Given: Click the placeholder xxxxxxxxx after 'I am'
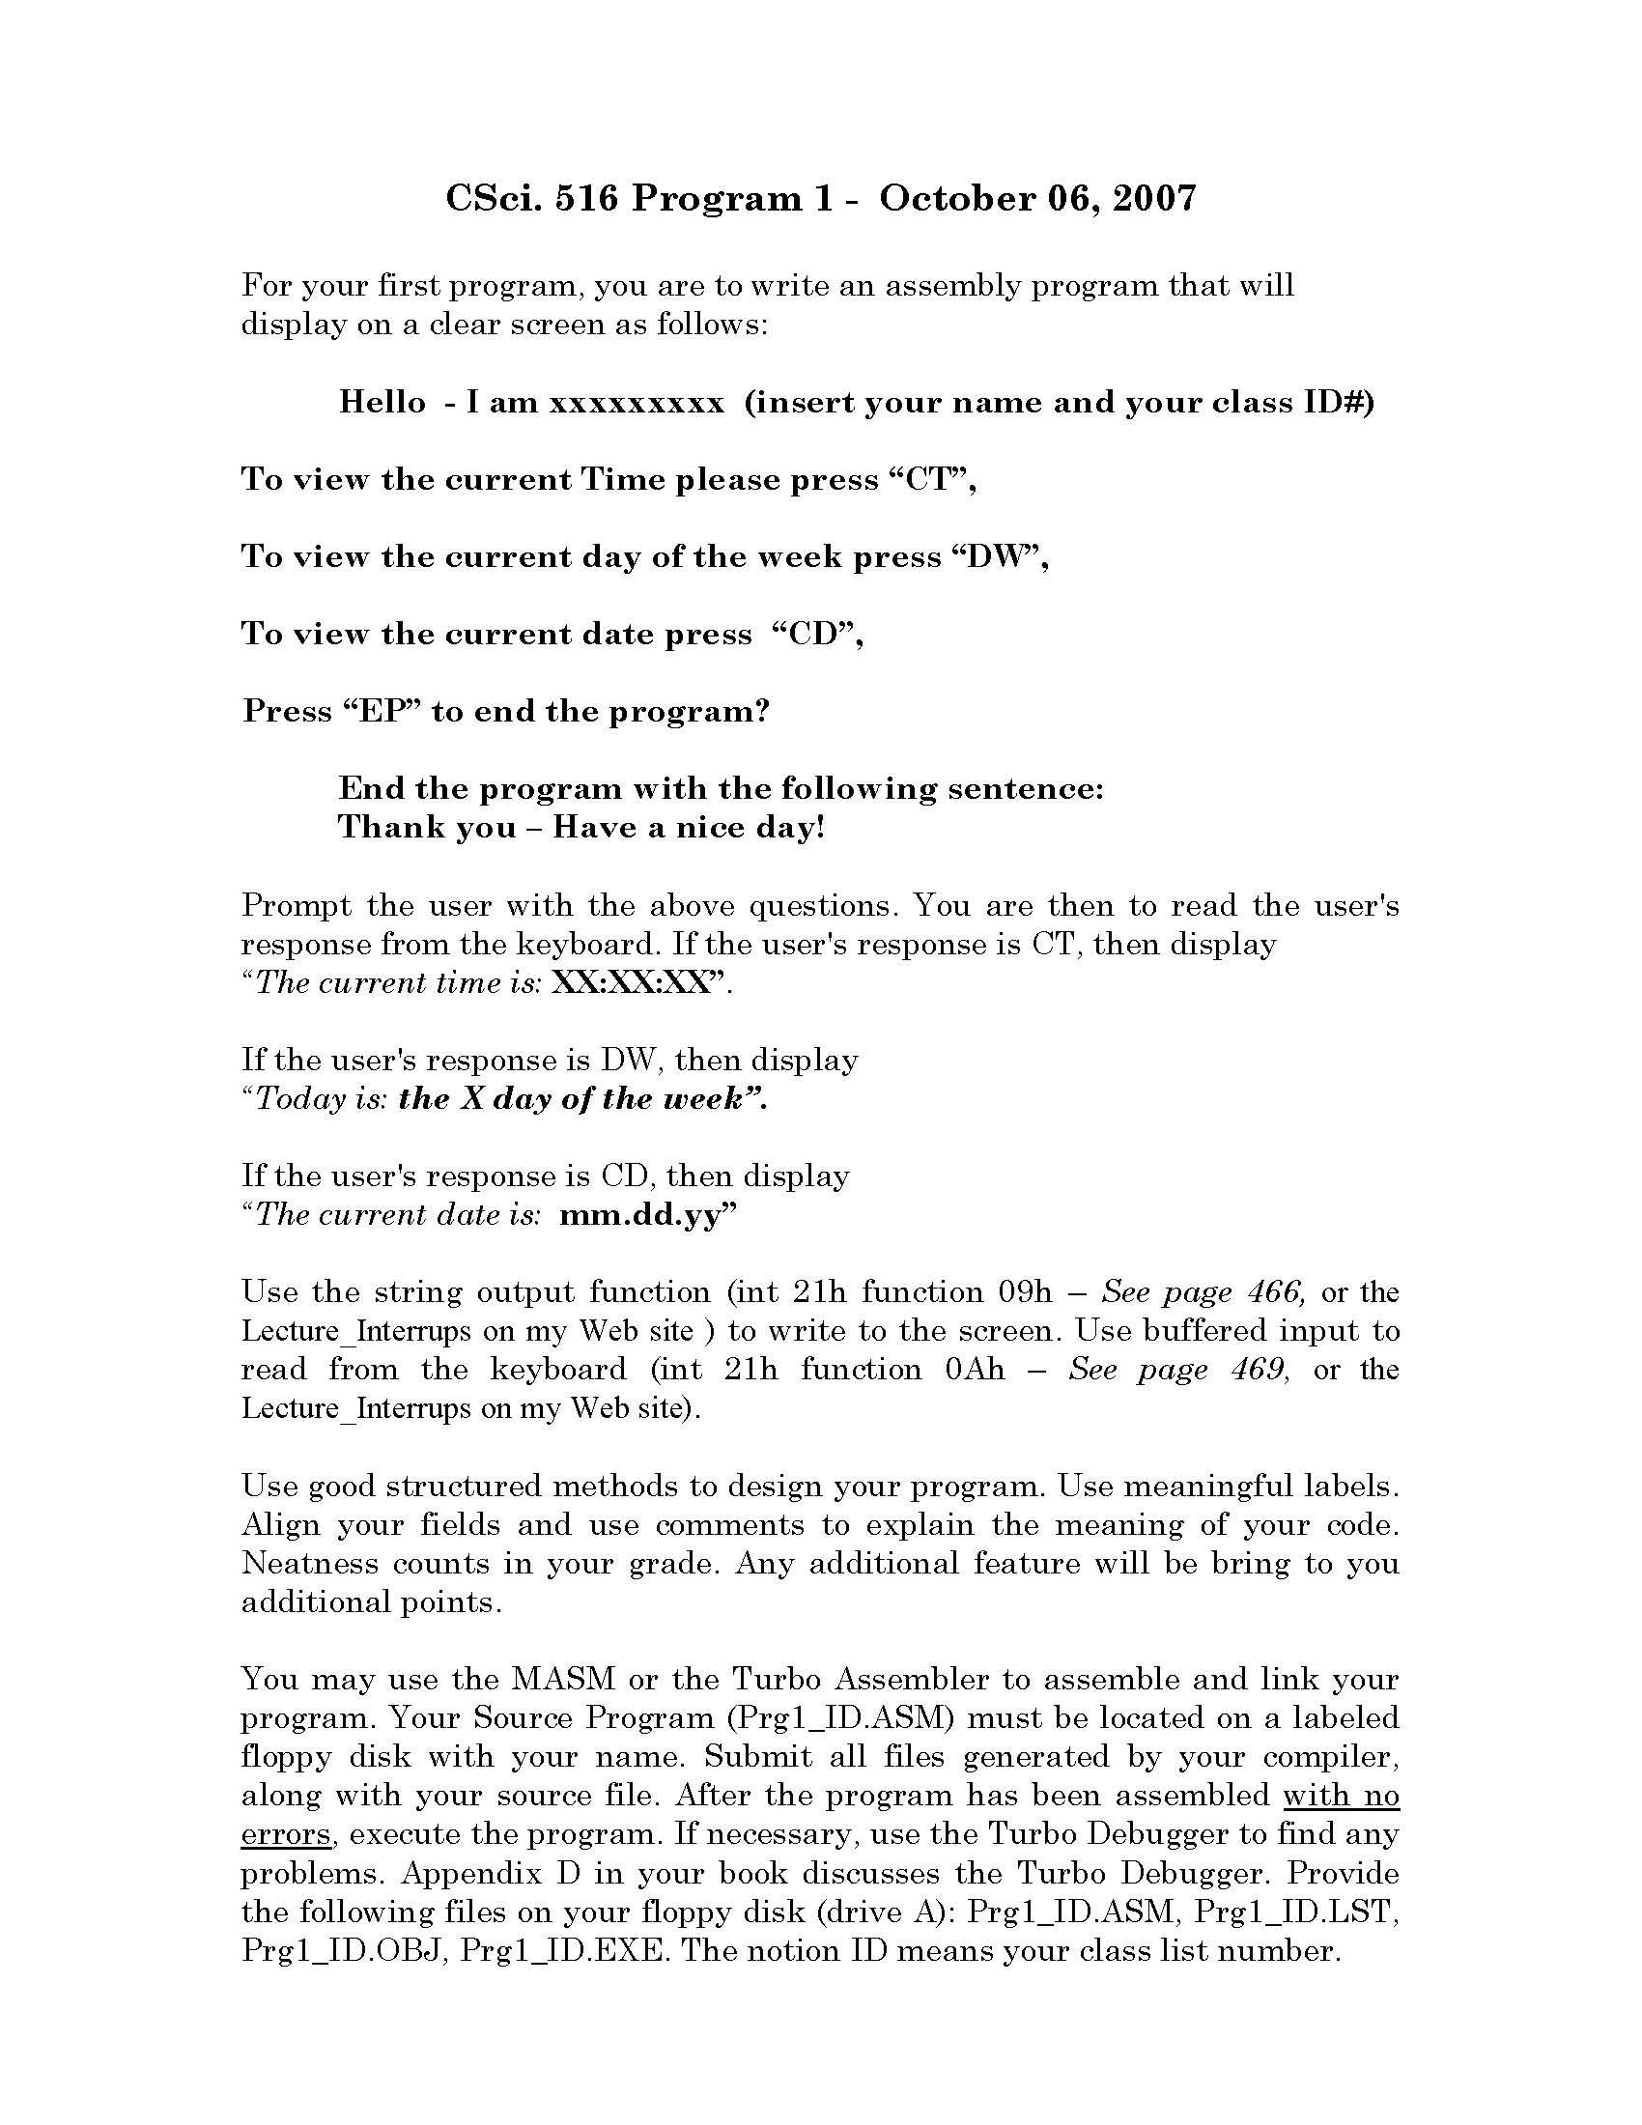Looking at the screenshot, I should click(637, 402).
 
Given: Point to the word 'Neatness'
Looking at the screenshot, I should click(309, 1564).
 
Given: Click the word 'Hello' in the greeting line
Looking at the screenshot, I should click(382, 402).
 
